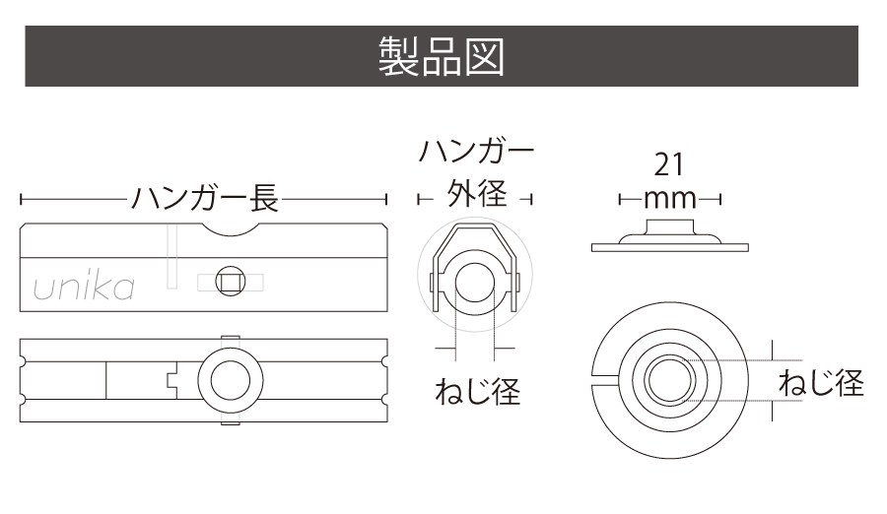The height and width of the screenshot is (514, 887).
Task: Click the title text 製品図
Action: [x=442, y=57]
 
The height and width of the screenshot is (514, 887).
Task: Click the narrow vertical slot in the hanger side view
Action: [x=171, y=257]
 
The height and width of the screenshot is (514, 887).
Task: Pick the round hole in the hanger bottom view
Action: [x=231, y=380]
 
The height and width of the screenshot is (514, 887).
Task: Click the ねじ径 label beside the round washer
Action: [x=820, y=382]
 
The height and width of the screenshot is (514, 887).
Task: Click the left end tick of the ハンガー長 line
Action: [x=21, y=200]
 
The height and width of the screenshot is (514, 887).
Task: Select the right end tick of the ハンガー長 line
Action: [x=386, y=200]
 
